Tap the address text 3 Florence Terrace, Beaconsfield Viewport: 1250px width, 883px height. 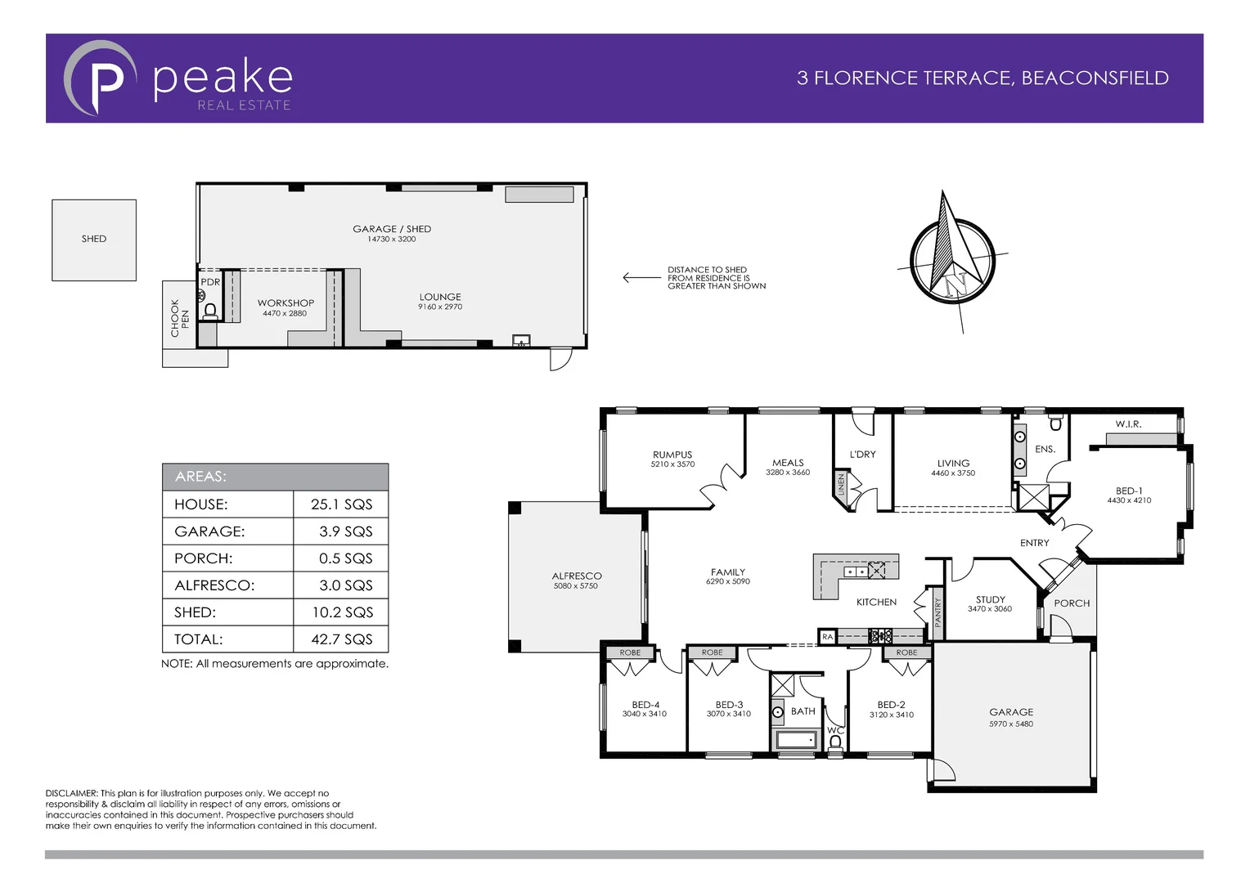(x=982, y=78)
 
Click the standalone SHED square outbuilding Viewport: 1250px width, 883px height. (x=94, y=240)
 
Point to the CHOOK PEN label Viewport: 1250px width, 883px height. (x=179, y=317)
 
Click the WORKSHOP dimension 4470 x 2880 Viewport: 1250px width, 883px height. (x=285, y=314)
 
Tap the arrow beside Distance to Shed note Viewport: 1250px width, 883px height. (x=641, y=278)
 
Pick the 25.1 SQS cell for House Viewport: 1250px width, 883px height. (x=341, y=504)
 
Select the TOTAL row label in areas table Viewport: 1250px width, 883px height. (x=199, y=639)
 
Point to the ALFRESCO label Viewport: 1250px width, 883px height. (x=576, y=576)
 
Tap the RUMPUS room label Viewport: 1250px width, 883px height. (x=672, y=455)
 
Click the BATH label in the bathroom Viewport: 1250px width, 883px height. (x=803, y=711)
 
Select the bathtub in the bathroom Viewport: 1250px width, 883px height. (x=796, y=740)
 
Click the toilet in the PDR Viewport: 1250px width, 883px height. (x=209, y=311)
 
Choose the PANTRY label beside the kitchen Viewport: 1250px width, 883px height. (x=938, y=612)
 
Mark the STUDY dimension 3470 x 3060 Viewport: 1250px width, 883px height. (x=990, y=609)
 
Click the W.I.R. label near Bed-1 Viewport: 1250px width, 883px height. (x=1128, y=424)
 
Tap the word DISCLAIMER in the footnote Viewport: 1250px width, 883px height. (x=71, y=793)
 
